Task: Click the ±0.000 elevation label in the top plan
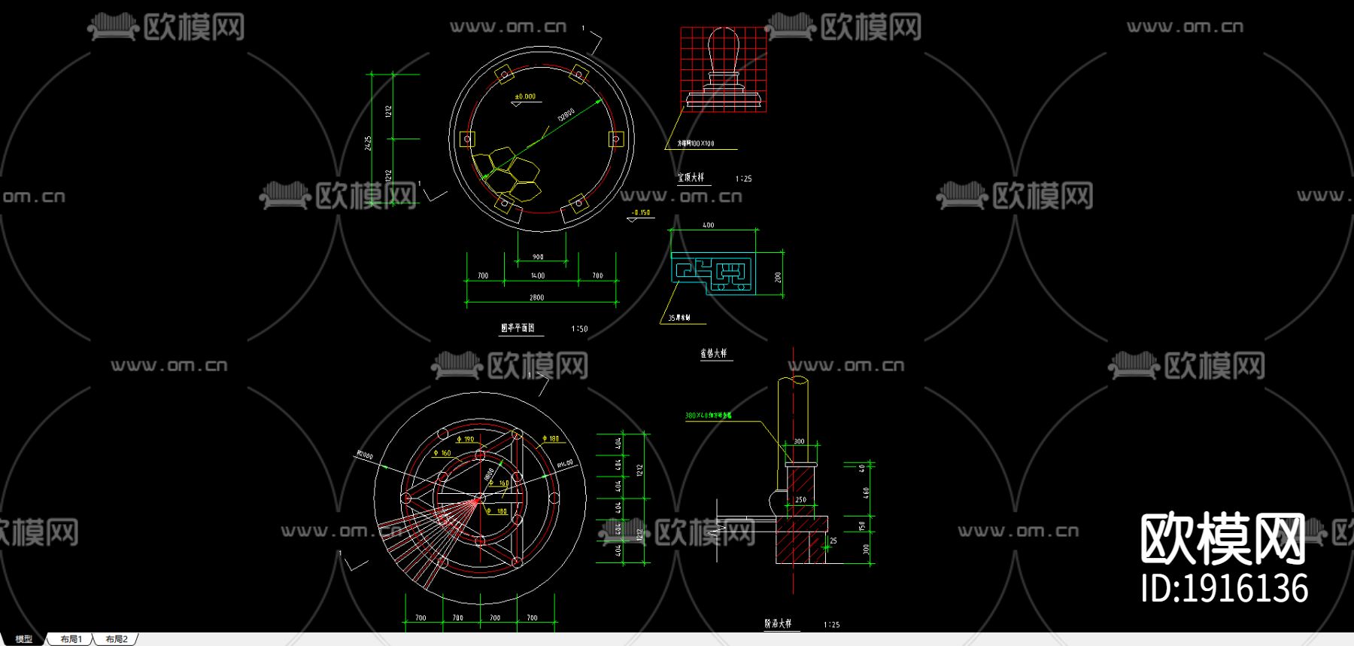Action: click(525, 96)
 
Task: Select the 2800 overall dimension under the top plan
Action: click(536, 297)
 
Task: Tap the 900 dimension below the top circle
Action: click(538, 257)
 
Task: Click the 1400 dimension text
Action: click(537, 276)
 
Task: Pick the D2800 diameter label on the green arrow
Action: click(566, 115)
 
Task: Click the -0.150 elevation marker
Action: click(641, 213)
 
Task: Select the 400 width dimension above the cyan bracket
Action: click(708, 225)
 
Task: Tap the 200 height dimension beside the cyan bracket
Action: click(778, 277)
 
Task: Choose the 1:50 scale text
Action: click(579, 329)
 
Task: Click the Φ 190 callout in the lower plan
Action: click(466, 439)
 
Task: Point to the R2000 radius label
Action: click(365, 456)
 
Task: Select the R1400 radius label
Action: click(564, 465)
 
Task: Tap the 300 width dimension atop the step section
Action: click(799, 442)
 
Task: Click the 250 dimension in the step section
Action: click(800, 500)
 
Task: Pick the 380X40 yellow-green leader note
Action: click(708, 416)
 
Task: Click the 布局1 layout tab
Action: click(71, 639)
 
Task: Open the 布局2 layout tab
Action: click(117, 639)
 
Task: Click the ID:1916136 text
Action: click(1224, 588)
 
